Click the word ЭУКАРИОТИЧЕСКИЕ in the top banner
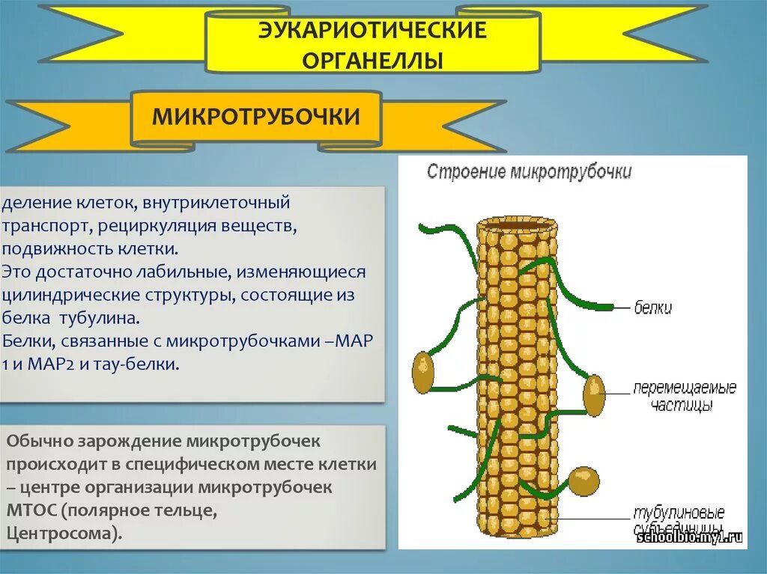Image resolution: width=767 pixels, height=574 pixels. pyautogui.click(x=372, y=31)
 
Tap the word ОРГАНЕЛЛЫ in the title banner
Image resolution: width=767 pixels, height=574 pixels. pyautogui.click(x=372, y=60)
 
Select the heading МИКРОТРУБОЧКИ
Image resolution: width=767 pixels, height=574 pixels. pyautogui.click(x=256, y=117)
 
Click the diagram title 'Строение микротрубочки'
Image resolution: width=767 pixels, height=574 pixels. pyautogui.click(x=529, y=172)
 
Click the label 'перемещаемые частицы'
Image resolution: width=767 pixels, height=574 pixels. pyautogui.click(x=684, y=397)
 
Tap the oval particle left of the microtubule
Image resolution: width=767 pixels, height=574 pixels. pyautogui.click(x=423, y=372)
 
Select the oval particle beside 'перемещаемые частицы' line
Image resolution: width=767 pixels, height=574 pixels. pyautogui.click(x=594, y=395)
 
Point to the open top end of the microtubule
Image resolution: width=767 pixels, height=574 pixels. pyautogui.click(x=517, y=223)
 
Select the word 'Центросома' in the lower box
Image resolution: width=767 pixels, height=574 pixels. pyautogui.click(x=63, y=534)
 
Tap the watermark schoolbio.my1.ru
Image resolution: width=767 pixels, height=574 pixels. pyautogui.click(x=688, y=537)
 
